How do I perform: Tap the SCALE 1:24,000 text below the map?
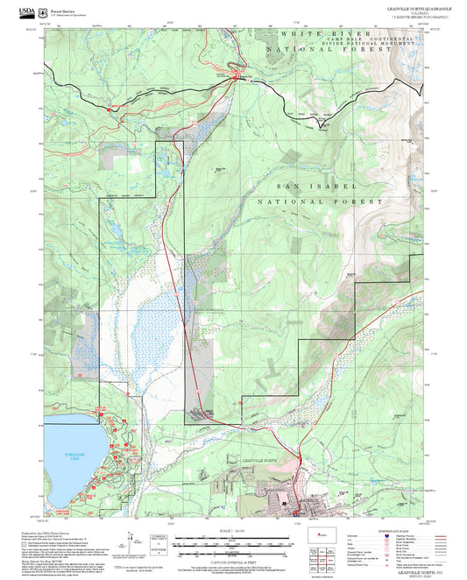tap(232, 531)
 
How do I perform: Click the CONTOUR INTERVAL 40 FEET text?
tap(232, 560)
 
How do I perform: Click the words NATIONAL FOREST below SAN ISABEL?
tap(320, 201)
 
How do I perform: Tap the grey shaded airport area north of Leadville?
tap(197, 385)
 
